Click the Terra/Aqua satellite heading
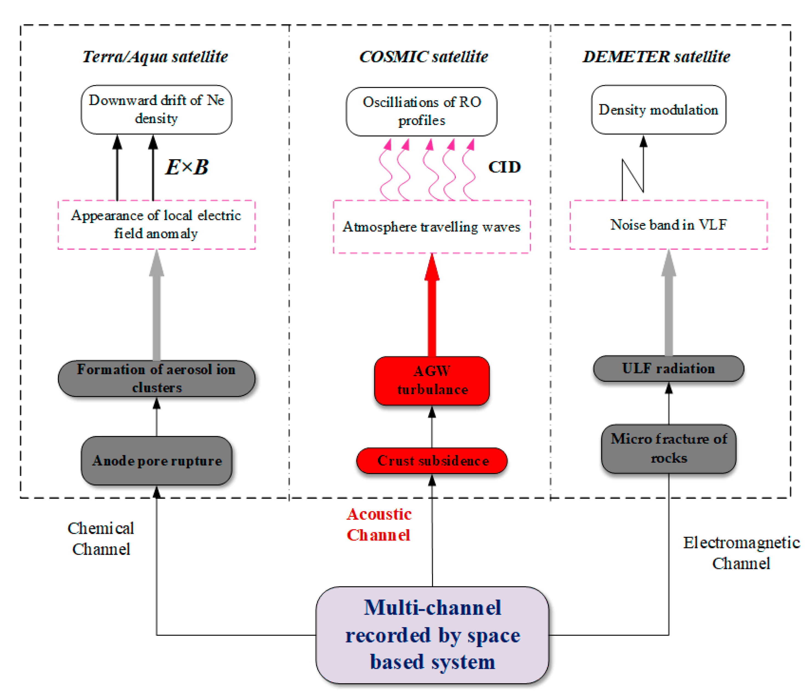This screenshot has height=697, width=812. click(155, 57)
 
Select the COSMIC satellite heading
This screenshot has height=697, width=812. click(424, 57)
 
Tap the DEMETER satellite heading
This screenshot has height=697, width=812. click(656, 57)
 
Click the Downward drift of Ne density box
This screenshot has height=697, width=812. click(156, 110)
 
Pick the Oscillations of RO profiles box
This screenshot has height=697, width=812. click(422, 112)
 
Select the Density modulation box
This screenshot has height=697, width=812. click(659, 110)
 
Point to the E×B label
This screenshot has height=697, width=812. click(187, 167)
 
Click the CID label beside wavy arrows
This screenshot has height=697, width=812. click(504, 167)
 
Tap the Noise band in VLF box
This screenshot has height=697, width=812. click(669, 225)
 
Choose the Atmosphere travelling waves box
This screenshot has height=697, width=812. click(432, 227)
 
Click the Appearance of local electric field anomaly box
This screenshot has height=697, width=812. click(156, 224)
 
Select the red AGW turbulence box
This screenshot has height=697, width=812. click(432, 380)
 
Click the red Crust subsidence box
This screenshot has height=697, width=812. click(432, 461)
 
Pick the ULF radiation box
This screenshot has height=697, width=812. click(669, 369)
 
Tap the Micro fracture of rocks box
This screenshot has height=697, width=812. click(669, 448)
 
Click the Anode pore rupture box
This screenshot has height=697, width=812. click(156, 461)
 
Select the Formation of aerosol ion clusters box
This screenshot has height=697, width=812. click(156, 379)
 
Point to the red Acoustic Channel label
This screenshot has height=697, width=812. click(379, 525)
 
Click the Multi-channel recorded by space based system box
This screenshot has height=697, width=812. click(432, 635)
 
